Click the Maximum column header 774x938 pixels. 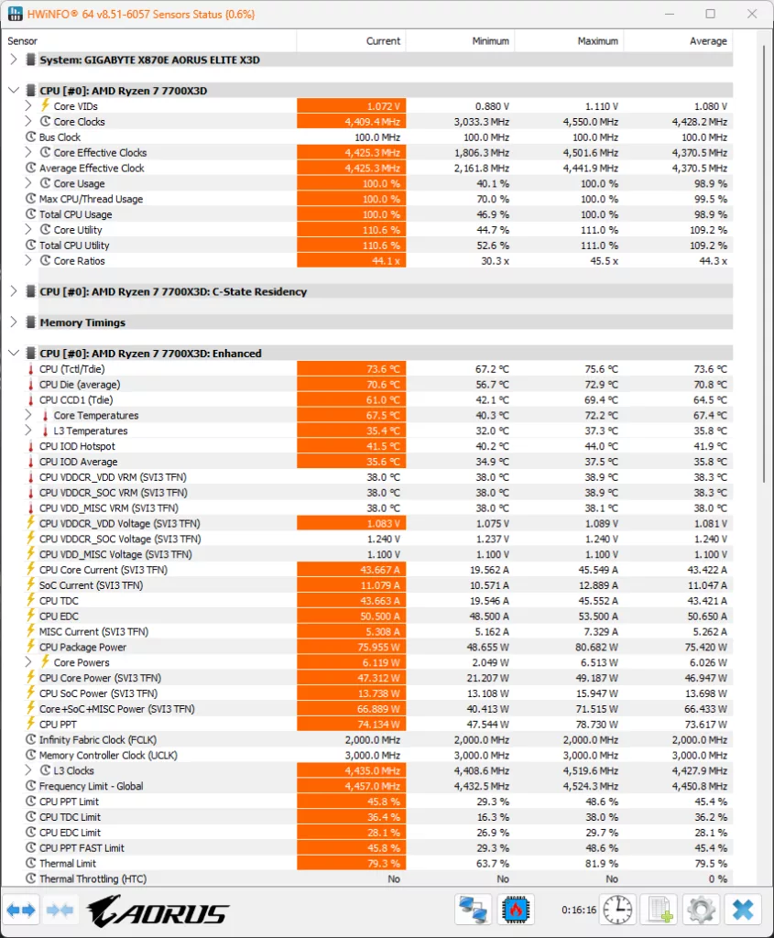click(597, 40)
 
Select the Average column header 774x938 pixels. click(708, 40)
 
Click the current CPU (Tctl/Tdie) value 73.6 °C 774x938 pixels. click(383, 369)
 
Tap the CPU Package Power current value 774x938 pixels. click(378, 648)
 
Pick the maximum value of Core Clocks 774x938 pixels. click(591, 122)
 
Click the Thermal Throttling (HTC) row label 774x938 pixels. click(93, 878)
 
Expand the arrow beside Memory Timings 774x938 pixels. click(14, 322)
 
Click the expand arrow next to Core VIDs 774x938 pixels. click(28, 106)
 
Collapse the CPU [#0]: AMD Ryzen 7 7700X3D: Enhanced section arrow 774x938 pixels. click(14, 353)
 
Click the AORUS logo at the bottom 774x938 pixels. click(158, 911)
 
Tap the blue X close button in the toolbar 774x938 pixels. click(743, 910)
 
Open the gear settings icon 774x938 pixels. click(701, 910)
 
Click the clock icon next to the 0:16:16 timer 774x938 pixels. click(618, 910)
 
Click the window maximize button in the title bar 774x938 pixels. click(710, 14)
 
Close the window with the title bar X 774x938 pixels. click(752, 14)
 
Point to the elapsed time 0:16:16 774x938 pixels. click(578, 910)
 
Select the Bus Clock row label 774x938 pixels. click(60, 137)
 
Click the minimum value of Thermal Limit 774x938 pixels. click(492, 863)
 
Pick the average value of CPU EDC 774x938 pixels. click(707, 616)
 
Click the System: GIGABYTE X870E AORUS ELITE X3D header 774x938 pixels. click(149, 60)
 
